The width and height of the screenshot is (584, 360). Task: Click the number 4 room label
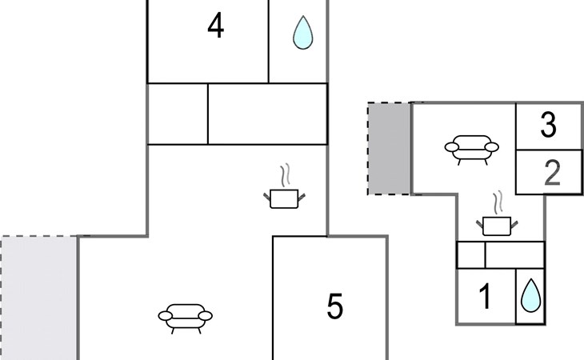click(x=215, y=26)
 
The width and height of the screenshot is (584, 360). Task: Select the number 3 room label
click(x=548, y=125)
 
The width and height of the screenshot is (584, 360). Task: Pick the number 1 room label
click(x=485, y=297)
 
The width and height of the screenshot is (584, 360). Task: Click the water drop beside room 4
click(x=302, y=34)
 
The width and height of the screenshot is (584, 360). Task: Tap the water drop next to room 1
click(x=530, y=296)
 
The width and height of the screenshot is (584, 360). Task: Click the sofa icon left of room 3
click(x=471, y=149)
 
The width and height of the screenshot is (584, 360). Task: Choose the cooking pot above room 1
click(x=498, y=225)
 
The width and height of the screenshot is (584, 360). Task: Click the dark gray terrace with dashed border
click(x=390, y=149)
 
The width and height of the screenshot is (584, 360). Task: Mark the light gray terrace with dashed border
click(x=38, y=298)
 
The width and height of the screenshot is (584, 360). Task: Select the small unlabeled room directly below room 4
click(x=178, y=114)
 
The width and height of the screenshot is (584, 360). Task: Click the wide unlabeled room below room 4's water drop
click(x=267, y=114)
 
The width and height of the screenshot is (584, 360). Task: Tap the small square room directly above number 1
click(x=471, y=255)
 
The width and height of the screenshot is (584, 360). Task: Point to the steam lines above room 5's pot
click(x=284, y=175)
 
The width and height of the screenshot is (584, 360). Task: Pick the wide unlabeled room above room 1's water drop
click(x=515, y=255)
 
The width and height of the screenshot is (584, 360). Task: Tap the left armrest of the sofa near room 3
click(x=450, y=147)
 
